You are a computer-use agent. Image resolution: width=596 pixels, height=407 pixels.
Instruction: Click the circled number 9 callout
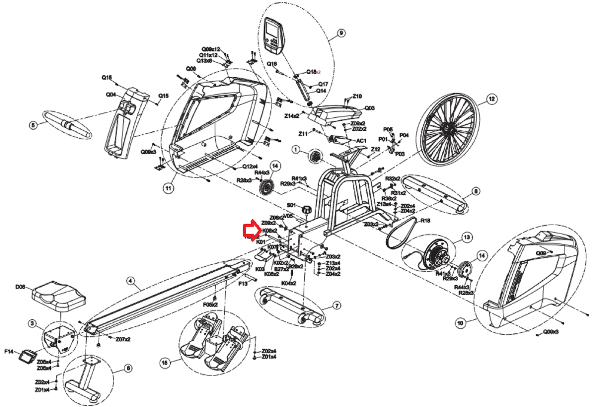(x=341, y=33)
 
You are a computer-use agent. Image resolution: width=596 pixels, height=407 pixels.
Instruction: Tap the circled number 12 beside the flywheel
(x=492, y=99)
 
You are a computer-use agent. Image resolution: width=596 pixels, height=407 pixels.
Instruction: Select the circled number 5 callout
(x=33, y=125)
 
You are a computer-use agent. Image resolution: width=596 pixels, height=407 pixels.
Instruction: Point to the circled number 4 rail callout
(x=130, y=281)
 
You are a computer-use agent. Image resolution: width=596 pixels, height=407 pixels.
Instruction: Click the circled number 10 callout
(x=460, y=323)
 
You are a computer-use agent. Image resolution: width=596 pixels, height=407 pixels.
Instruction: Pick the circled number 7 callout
(x=336, y=306)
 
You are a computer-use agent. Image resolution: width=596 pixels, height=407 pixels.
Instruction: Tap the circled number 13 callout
(x=467, y=237)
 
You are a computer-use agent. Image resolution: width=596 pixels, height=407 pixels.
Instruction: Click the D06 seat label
(x=20, y=287)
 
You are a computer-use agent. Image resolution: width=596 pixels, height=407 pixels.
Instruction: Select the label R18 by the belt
(x=425, y=221)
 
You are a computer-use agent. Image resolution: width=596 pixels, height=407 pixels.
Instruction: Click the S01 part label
(x=292, y=205)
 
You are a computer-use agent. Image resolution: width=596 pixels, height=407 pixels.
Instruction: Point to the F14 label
(x=9, y=351)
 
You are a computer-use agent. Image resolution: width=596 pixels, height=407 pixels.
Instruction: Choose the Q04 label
(x=111, y=95)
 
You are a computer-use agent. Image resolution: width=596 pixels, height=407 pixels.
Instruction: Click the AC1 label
(x=361, y=141)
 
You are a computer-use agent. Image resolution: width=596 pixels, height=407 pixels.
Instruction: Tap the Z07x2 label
(x=123, y=339)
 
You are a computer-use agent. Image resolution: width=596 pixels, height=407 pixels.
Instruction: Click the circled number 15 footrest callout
(x=165, y=363)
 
